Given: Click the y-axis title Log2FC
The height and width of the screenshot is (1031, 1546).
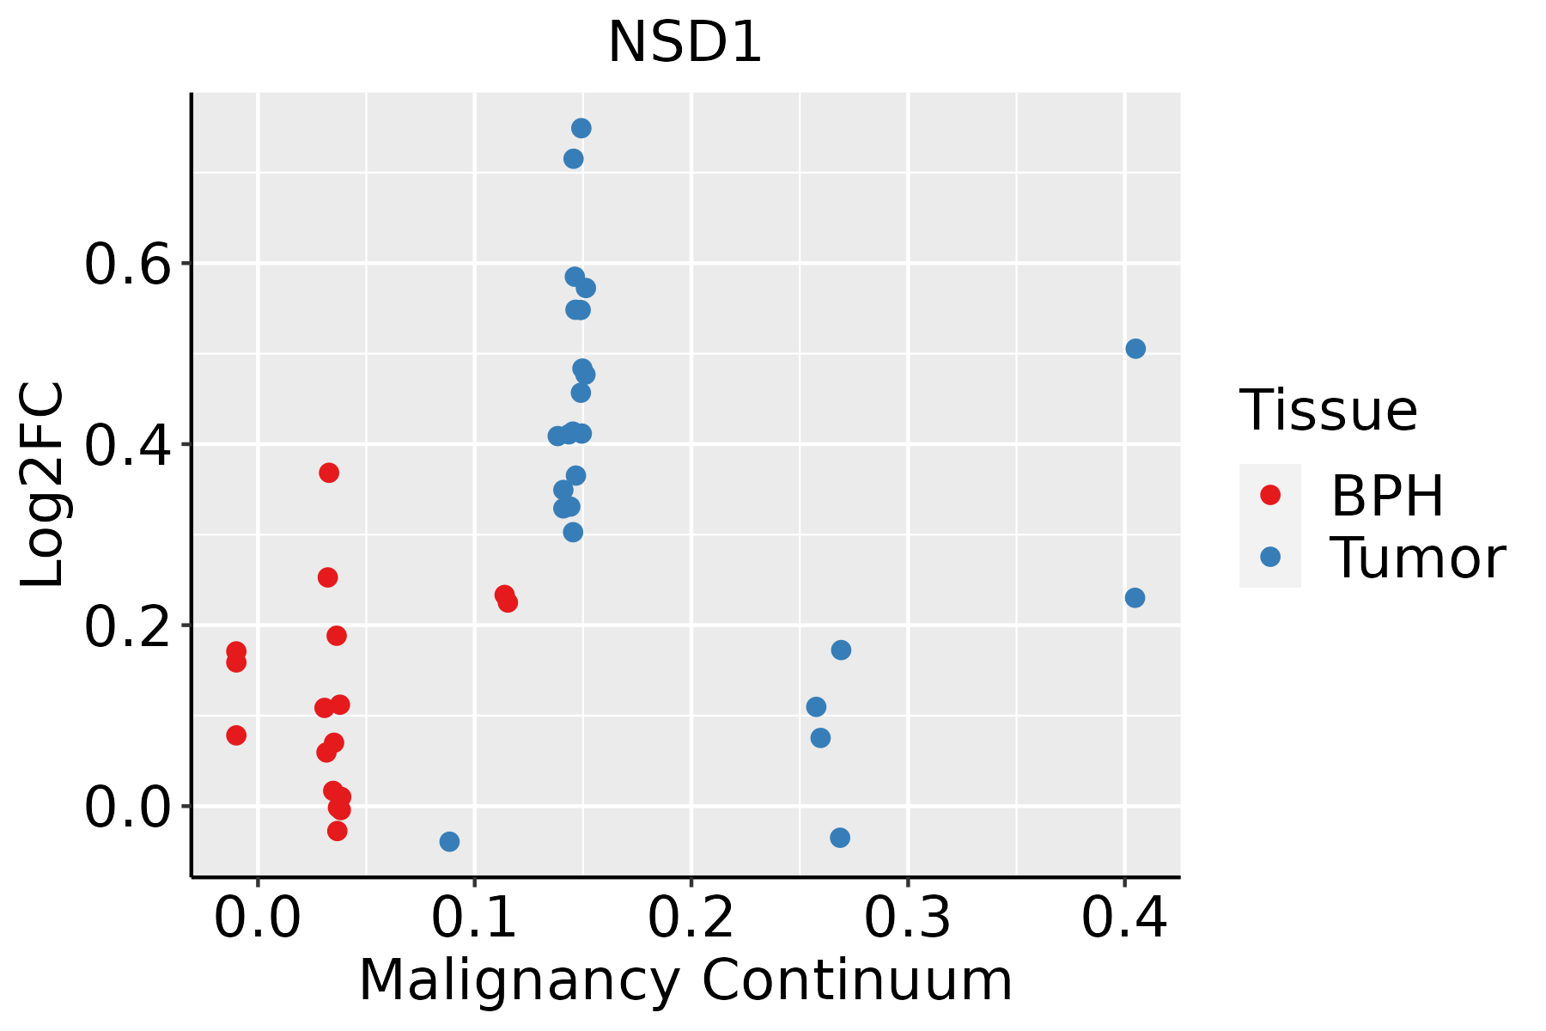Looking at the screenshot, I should pyautogui.click(x=43, y=485).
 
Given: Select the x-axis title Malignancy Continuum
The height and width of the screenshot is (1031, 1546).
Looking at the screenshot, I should pyautogui.click(x=685, y=980).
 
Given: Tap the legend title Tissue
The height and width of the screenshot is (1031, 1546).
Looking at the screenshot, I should pyautogui.click(x=1328, y=411).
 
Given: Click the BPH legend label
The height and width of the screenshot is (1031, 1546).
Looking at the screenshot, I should pyautogui.click(x=1387, y=496).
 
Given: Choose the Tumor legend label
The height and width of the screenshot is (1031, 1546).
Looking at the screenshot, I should pyautogui.click(x=1417, y=558).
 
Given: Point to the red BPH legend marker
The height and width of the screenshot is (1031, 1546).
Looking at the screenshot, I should pyautogui.click(x=1269, y=495).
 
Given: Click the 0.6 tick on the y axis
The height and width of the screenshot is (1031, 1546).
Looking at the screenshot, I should pyautogui.click(x=127, y=264).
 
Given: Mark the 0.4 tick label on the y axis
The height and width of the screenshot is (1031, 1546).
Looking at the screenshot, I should pyautogui.click(x=127, y=445).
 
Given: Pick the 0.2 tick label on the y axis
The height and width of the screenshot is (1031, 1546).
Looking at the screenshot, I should pyautogui.click(x=127, y=626).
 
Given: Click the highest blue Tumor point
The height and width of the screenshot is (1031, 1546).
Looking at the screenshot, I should pyautogui.click(x=581, y=128).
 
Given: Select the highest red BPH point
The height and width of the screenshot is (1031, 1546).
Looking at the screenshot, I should pyautogui.click(x=329, y=473).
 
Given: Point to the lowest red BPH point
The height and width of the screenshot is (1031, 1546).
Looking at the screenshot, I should pyautogui.click(x=338, y=831).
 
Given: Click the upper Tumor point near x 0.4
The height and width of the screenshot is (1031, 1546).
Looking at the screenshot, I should pyautogui.click(x=1135, y=349).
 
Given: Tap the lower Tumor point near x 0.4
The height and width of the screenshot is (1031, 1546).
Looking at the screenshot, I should pyautogui.click(x=1135, y=598).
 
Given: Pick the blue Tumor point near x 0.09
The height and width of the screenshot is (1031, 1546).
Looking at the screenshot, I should pyautogui.click(x=449, y=841).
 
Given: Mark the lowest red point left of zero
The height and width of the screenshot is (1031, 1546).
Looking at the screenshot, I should pyautogui.click(x=236, y=735).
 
